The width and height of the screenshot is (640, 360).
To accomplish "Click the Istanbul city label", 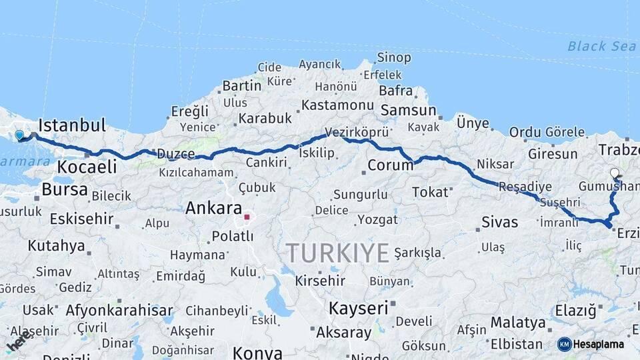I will click(72, 125).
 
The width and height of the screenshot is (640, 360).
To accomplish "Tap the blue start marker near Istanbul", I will click(19, 135).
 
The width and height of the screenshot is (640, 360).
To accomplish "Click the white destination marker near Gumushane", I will click(615, 173).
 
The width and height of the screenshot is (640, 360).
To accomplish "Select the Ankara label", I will click(213, 208).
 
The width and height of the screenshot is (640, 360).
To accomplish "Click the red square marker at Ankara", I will click(247, 217).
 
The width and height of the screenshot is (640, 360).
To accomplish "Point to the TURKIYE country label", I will click(337, 253).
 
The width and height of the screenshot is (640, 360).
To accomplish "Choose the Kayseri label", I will click(358, 309).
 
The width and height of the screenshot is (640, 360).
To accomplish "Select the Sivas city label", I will click(499, 222).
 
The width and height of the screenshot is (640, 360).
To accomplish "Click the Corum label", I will click(391, 165).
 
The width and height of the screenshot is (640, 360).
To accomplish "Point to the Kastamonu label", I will click(337, 105).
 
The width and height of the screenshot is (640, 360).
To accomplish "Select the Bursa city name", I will click(64, 189).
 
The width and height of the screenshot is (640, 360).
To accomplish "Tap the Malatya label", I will click(518, 323).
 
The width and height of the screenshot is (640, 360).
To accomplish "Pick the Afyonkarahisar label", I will click(119, 310).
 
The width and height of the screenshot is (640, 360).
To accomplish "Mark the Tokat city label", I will click(430, 192).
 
